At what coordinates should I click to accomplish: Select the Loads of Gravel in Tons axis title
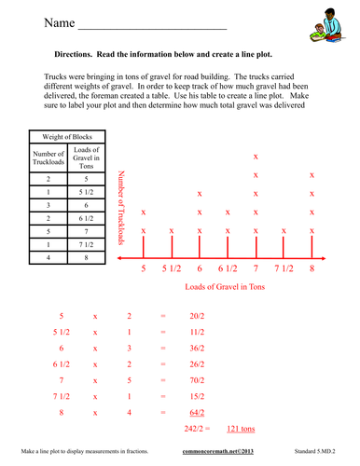pos(226,286)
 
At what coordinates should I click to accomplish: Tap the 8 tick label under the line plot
pos(312,268)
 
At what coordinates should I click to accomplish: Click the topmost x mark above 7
pos(256,157)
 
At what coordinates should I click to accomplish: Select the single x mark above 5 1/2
pos(173,231)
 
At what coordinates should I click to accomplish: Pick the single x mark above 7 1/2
pos(284,231)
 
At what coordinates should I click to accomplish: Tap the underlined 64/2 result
pos(197,411)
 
